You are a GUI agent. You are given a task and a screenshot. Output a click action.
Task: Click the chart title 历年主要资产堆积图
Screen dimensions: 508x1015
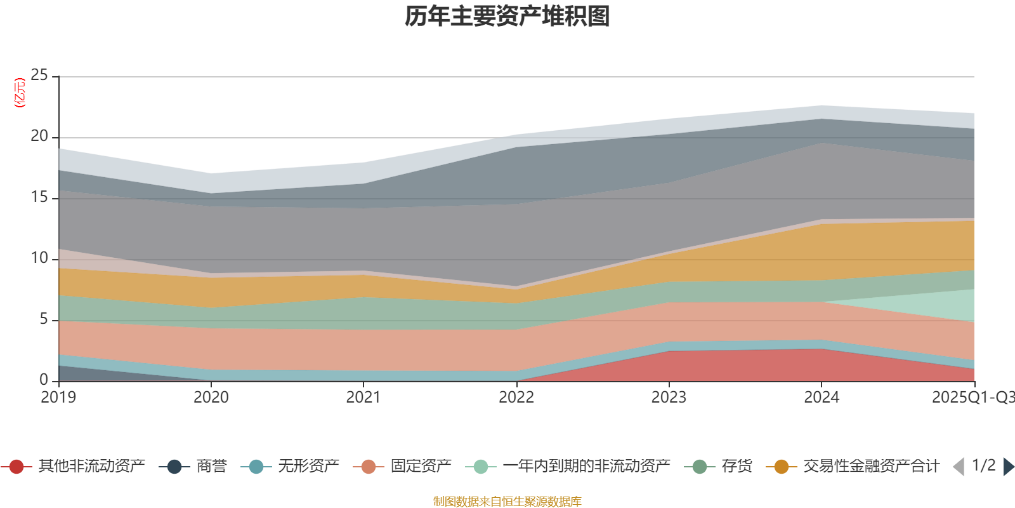pos(507,17)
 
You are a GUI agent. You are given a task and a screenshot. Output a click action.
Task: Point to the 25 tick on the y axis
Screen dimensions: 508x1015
pos(39,76)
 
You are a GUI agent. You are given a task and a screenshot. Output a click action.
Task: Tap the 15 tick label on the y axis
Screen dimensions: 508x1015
pos(39,197)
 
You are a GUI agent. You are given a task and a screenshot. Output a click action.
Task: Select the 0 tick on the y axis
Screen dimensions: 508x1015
pos(44,380)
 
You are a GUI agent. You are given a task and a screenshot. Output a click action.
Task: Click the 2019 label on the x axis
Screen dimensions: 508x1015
pos(58,398)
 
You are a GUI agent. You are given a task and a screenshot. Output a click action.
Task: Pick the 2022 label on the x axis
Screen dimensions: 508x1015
pos(516,398)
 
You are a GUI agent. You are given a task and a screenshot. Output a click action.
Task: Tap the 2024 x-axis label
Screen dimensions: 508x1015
pos(822,398)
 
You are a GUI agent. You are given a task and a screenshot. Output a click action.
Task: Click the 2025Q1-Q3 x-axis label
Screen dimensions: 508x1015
pos(972,398)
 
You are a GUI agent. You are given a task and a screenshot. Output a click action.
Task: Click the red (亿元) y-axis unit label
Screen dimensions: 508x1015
pos(20,93)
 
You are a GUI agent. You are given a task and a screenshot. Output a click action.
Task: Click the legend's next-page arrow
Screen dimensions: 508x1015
pos(1009,467)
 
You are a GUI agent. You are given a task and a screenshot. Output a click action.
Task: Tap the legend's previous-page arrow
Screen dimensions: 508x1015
pos(959,467)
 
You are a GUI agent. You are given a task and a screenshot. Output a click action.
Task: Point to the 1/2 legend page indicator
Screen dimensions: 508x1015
pos(983,465)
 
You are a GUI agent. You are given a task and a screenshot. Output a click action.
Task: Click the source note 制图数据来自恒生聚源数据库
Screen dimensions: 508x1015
pos(507,502)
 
